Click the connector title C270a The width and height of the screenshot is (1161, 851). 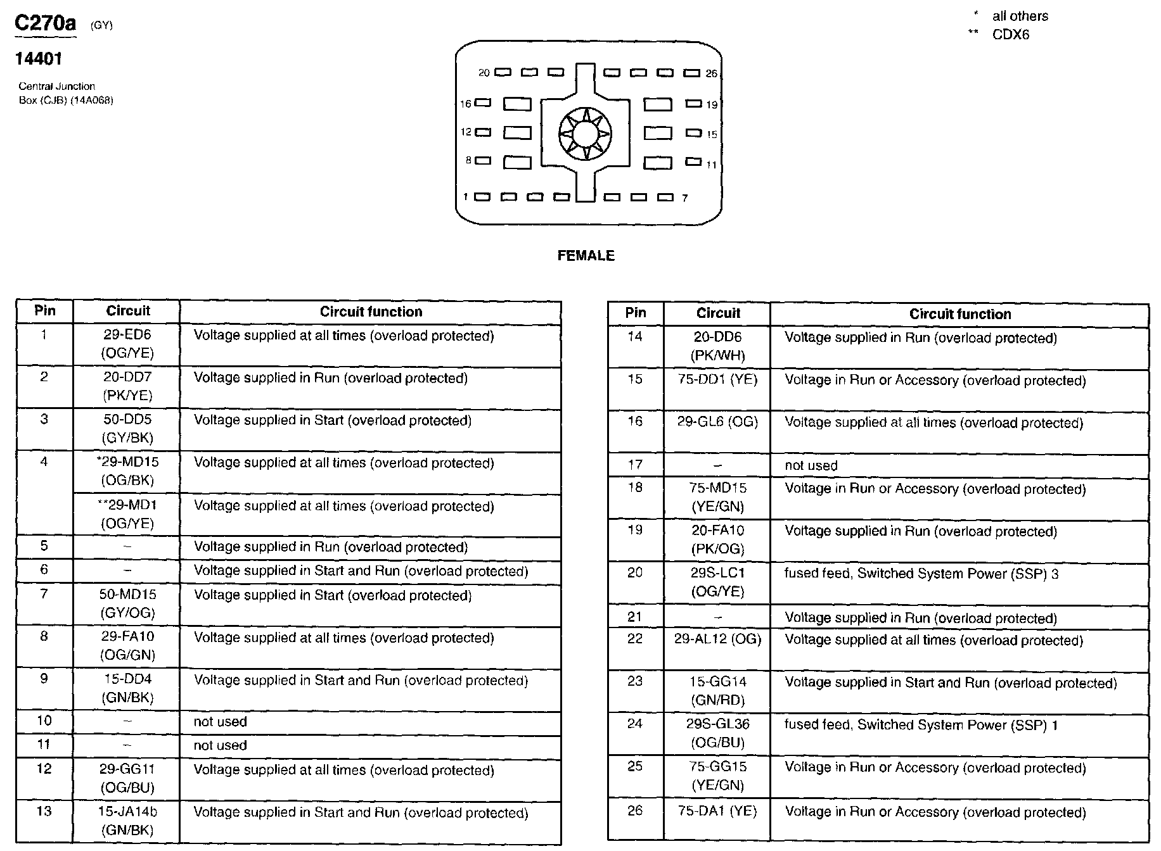pyautogui.click(x=45, y=23)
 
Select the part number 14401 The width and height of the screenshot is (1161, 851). pyautogui.click(x=39, y=59)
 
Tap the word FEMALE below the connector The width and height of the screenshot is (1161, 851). pyautogui.click(x=586, y=256)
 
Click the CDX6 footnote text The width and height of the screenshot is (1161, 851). pyautogui.click(x=1010, y=35)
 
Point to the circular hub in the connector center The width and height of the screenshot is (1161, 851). pyautogui.click(x=585, y=134)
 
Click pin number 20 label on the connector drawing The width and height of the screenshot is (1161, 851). pyautogui.click(x=484, y=73)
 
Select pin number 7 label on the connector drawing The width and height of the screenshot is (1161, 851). pyautogui.click(x=684, y=198)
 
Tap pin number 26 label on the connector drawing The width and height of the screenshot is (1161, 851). pyautogui.click(x=712, y=74)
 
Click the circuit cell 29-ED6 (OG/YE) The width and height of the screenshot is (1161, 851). pyautogui.click(x=127, y=344)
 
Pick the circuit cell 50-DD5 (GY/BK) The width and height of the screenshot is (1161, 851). pyautogui.click(x=127, y=429)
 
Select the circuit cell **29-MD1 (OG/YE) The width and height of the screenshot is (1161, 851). pyautogui.click(x=127, y=514)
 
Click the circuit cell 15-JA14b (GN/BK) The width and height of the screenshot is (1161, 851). pyautogui.click(x=127, y=821)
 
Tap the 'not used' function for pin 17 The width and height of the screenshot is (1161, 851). pyautogui.click(x=811, y=465)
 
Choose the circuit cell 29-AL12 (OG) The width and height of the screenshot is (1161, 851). pyautogui.click(x=717, y=640)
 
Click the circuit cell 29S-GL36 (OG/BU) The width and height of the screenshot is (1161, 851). pyautogui.click(x=717, y=733)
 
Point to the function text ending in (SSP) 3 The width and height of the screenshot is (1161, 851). pyautogui.click(x=921, y=574)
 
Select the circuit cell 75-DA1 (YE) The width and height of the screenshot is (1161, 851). pyautogui.click(x=717, y=811)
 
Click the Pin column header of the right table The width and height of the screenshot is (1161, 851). pyautogui.click(x=635, y=313)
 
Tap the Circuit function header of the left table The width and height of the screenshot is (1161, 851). pyautogui.click(x=371, y=312)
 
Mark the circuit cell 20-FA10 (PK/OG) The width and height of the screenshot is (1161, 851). pyautogui.click(x=717, y=539)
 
